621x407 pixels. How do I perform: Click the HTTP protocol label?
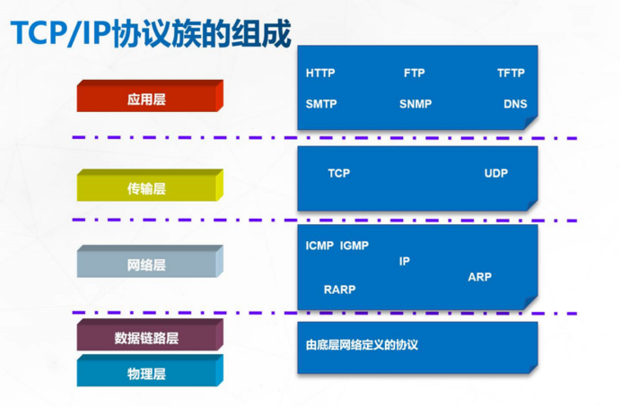(x=319, y=74)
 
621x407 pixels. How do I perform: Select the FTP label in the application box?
(x=414, y=74)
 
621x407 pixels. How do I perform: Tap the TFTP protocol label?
(x=511, y=74)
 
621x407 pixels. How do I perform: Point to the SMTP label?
(x=320, y=104)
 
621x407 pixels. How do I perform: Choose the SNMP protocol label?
(x=415, y=104)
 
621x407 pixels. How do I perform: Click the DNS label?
(x=515, y=104)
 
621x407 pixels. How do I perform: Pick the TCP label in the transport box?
(x=338, y=173)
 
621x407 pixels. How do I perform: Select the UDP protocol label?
(x=496, y=173)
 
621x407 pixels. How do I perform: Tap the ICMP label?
(x=319, y=246)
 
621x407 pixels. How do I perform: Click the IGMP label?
(x=354, y=246)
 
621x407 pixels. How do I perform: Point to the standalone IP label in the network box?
(x=405, y=262)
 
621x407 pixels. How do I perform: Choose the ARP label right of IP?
(x=479, y=277)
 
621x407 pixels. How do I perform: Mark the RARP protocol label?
(x=339, y=290)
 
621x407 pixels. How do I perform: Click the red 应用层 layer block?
(x=147, y=100)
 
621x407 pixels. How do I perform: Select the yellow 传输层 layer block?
(x=147, y=188)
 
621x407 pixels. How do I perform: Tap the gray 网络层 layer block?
(x=147, y=264)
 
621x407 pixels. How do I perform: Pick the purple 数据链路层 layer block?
(x=147, y=338)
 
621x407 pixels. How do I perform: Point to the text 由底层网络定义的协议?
(x=363, y=343)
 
